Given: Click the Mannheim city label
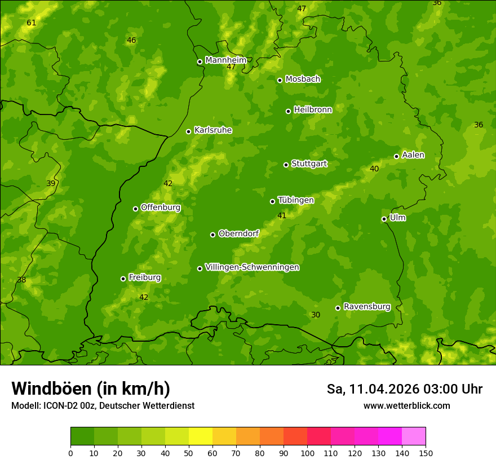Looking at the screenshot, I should [225, 60].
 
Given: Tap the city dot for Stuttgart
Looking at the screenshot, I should [286, 165].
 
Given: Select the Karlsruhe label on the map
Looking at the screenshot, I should [212, 130].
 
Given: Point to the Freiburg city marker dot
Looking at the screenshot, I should [123, 279].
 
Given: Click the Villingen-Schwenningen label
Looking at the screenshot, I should [252, 267].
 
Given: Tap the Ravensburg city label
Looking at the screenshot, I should [366, 307].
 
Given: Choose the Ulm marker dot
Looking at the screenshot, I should [384, 219].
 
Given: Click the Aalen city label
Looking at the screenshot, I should [413, 155].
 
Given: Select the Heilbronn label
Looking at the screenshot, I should [313, 110].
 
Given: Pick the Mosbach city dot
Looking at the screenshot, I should [280, 80].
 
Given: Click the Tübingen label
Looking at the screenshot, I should [296, 200].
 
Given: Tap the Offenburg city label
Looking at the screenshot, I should [161, 207].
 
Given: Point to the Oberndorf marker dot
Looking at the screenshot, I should [212, 235].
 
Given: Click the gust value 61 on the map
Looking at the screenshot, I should [31, 23].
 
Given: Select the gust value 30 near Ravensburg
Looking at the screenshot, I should [316, 315].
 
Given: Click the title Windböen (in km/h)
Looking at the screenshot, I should [91, 388].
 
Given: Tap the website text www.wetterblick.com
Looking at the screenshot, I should [406, 406].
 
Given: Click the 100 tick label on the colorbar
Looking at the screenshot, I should [307, 453].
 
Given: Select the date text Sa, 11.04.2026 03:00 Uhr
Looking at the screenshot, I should [404, 389].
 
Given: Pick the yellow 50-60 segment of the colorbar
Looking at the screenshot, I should [201, 436].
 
